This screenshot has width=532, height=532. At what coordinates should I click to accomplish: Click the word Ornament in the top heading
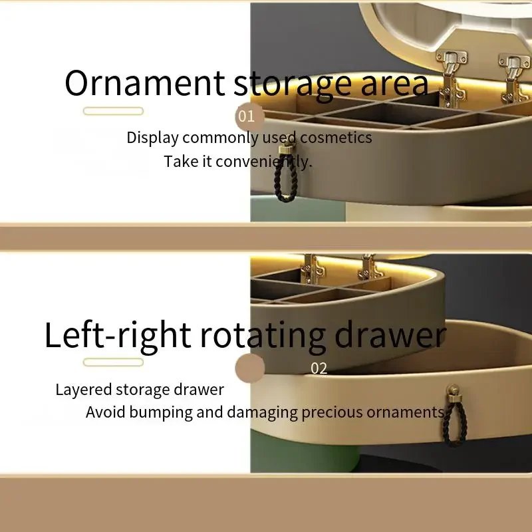click(x=144, y=82)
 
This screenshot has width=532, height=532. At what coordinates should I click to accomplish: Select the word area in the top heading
click(x=394, y=85)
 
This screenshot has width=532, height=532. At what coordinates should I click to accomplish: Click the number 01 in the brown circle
click(x=246, y=116)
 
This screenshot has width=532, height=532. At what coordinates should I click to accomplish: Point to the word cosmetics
click(x=336, y=138)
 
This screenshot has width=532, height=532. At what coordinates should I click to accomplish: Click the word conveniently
click(x=263, y=161)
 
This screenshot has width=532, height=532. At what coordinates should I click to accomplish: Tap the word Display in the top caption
click(x=152, y=138)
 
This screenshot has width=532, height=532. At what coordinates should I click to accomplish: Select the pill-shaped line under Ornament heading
click(x=113, y=111)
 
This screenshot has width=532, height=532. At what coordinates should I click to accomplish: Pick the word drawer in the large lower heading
click(x=390, y=335)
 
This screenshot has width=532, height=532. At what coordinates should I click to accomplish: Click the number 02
click(x=319, y=368)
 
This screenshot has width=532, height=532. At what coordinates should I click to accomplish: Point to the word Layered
click(x=84, y=390)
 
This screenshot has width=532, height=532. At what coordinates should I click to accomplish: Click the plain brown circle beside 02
click(x=250, y=368)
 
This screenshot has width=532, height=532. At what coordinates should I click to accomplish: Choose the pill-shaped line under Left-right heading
click(x=113, y=362)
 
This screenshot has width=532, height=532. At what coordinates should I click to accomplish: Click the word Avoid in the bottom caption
click(x=106, y=412)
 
